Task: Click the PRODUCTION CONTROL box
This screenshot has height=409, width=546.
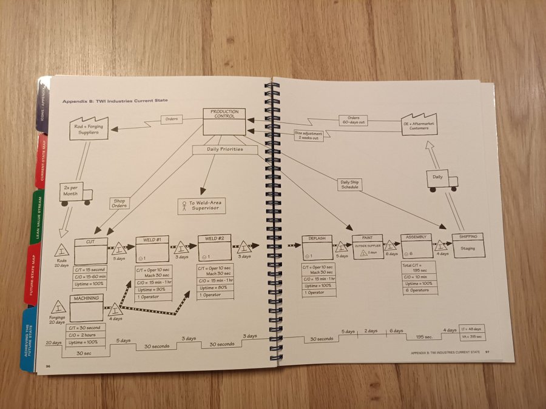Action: (x=224, y=121)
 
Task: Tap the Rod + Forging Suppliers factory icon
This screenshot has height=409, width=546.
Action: (x=89, y=128)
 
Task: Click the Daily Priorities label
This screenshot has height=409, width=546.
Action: (x=225, y=149)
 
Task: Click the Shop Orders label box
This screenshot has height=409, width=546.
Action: (x=119, y=203)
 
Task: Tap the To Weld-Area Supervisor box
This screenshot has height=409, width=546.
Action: (x=201, y=206)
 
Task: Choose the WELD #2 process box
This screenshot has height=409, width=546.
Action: (x=214, y=248)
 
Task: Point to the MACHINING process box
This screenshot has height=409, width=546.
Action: (x=86, y=308)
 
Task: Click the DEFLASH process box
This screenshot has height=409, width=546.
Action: (x=317, y=247)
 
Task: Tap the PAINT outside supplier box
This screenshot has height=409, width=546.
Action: (x=368, y=247)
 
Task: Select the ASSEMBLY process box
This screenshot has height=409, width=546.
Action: (x=417, y=246)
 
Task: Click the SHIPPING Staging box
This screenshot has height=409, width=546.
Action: (x=468, y=245)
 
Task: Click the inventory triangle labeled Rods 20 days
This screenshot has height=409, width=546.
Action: (x=62, y=251)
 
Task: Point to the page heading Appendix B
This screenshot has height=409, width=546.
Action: (x=115, y=100)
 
